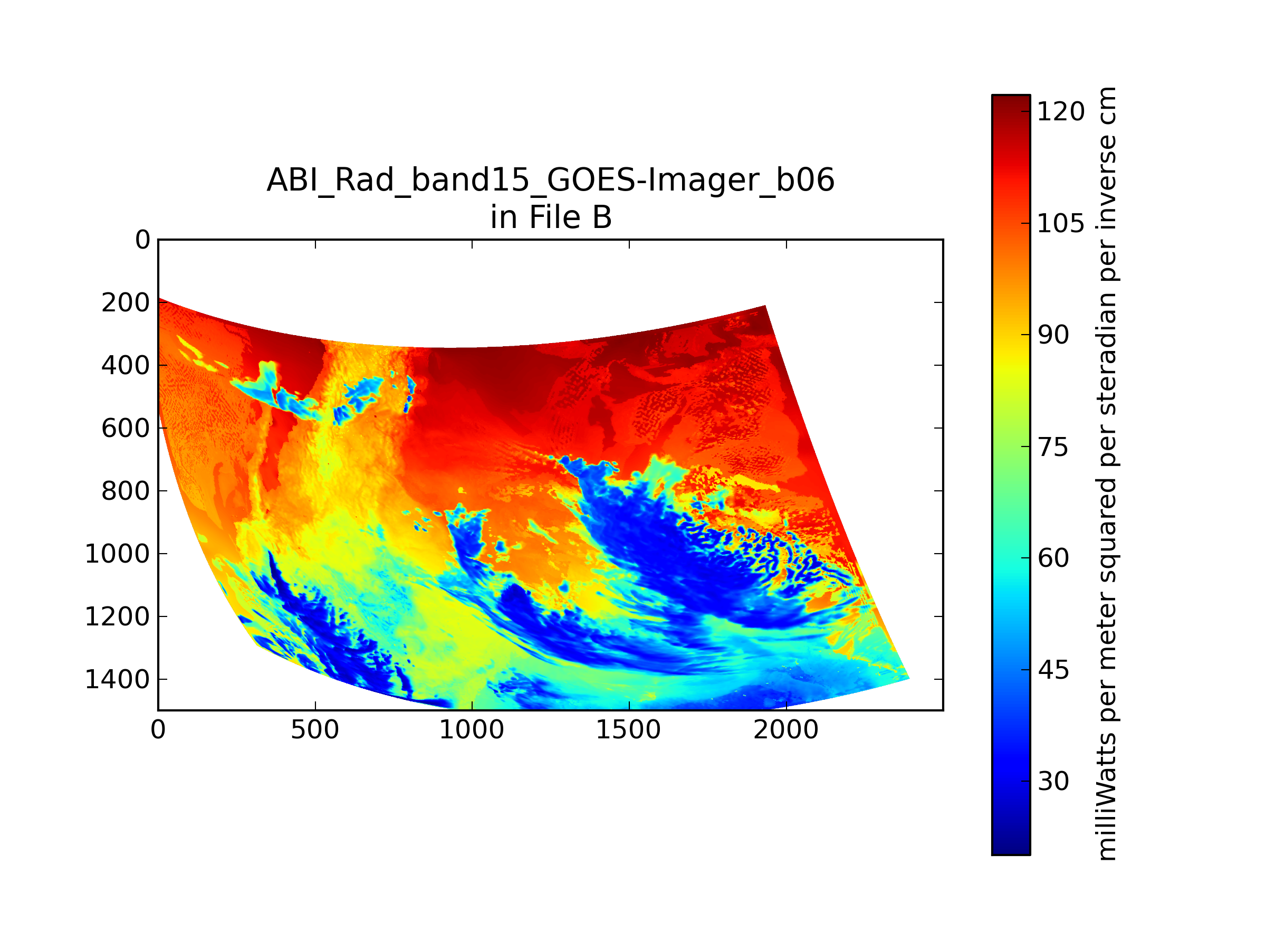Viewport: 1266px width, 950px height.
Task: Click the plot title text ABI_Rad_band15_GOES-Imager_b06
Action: (x=551, y=181)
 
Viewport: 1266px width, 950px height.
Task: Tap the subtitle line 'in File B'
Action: (x=551, y=217)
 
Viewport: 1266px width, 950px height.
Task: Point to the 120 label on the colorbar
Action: (x=1060, y=112)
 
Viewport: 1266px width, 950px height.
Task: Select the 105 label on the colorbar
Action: (x=1060, y=223)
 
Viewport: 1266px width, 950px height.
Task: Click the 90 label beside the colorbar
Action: (x=1053, y=335)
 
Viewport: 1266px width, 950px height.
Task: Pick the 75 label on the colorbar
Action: (x=1053, y=447)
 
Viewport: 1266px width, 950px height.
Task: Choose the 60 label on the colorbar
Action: (x=1053, y=558)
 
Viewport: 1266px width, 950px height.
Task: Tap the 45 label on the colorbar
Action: (x=1053, y=670)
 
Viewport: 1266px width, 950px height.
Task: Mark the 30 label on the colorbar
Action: (x=1053, y=782)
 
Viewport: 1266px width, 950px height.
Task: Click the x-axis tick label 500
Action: (x=315, y=730)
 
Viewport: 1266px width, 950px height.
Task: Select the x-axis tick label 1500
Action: (x=628, y=730)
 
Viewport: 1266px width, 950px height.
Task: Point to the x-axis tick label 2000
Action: (x=786, y=730)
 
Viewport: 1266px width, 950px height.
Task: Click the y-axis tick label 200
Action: (x=126, y=303)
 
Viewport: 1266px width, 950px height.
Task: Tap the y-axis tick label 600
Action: (x=126, y=429)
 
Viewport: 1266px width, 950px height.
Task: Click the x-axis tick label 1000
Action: (x=472, y=730)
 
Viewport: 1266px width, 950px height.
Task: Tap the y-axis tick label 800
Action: (x=126, y=491)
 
